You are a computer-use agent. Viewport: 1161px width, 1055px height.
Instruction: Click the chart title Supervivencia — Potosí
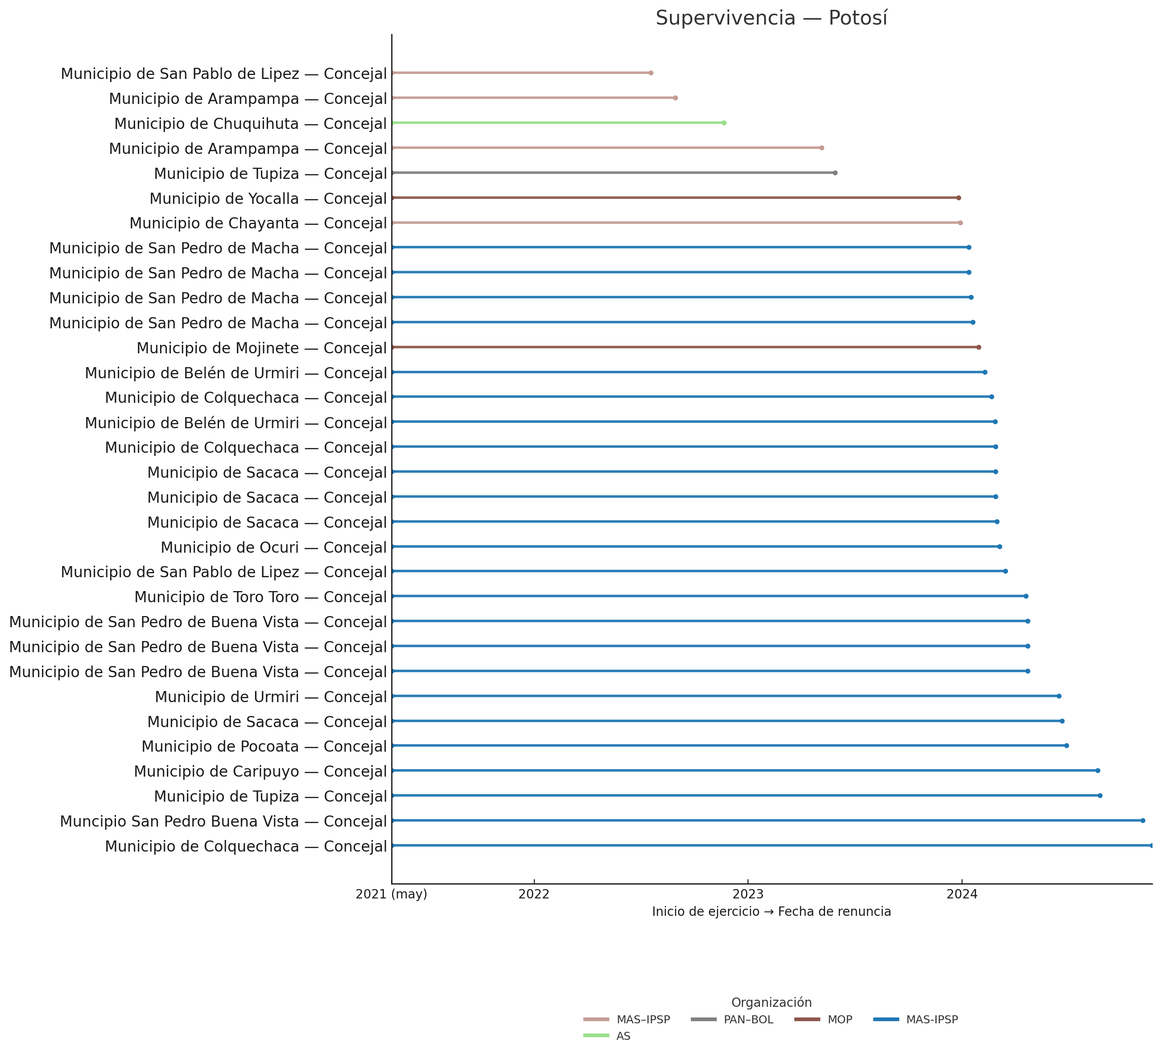(771, 18)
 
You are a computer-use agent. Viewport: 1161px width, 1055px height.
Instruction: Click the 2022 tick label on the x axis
(534, 894)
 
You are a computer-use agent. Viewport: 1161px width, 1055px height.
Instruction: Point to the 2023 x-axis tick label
(748, 894)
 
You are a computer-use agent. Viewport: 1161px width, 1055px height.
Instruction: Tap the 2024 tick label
(962, 894)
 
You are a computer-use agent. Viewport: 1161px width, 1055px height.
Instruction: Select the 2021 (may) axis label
(392, 894)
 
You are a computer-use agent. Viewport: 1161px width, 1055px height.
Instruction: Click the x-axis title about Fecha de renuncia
(771, 912)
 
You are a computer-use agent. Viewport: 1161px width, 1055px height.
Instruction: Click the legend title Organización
(771, 1003)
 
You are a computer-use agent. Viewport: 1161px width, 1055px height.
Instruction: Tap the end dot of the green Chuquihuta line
(724, 123)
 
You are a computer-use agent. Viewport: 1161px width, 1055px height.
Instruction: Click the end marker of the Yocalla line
(959, 198)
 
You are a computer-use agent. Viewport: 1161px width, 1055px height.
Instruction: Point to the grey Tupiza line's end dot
(835, 173)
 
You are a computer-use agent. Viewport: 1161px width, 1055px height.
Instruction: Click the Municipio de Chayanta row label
(258, 223)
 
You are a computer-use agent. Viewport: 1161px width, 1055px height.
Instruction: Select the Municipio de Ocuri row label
(273, 548)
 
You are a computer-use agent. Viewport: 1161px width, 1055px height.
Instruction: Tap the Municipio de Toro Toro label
(260, 597)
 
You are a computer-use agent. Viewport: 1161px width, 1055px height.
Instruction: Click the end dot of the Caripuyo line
(1098, 770)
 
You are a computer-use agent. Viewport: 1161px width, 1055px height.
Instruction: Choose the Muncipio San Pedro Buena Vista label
(223, 821)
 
